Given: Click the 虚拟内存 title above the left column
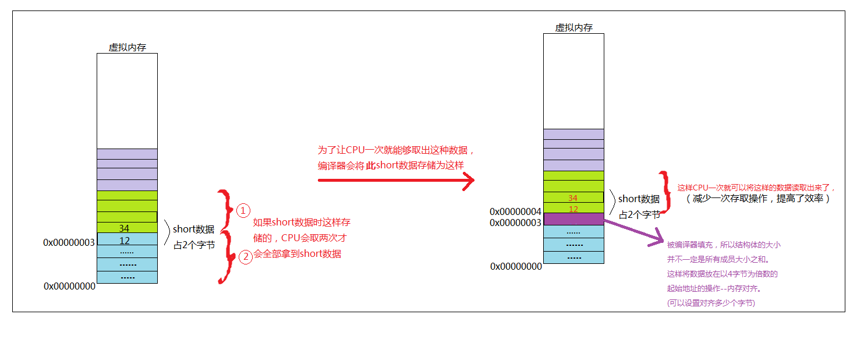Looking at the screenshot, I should pos(127,48).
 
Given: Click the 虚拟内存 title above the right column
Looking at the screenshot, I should pos(573,27).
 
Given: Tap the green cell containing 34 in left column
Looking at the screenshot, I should pos(127,228).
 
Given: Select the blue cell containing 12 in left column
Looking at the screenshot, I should pos(127,239).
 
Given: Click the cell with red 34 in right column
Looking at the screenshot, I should pos(573,197).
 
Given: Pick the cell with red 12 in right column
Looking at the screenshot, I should pos(573,208).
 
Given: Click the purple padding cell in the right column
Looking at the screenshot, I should pos(573,219).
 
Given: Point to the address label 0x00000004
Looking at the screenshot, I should pos(515,211).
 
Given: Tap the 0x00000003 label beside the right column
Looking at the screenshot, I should pos(515,223).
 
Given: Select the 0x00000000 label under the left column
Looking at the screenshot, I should pos(69,286).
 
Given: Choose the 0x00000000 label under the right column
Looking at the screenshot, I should pos(516,266).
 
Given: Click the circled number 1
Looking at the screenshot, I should pos(243,210).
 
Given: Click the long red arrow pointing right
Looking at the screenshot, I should pos(396,181).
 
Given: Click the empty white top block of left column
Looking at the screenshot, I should pos(127,100).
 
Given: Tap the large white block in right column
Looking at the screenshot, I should pos(573,80).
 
